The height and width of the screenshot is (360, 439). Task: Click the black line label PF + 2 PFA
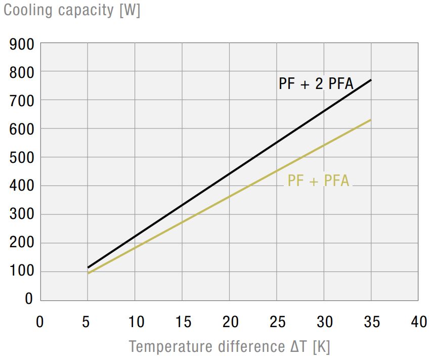point(316,83)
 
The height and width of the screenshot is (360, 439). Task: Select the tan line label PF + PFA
point(318,181)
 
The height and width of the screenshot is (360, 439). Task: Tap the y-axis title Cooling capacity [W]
point(72,10)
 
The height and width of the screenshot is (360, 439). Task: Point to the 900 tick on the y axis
point(22,44)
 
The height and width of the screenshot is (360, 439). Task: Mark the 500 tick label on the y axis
point(22,158)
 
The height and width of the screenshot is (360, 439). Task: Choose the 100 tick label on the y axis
point(22,271)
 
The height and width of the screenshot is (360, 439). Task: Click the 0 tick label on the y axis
point(29,299)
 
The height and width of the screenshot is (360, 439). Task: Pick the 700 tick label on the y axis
point(22,101)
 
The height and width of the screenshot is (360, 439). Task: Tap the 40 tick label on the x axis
point(418,322)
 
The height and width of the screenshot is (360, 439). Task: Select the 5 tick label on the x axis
point(87,322)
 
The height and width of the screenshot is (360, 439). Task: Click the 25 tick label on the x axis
point(277,322)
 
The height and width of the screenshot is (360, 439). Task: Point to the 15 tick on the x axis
point(182,322)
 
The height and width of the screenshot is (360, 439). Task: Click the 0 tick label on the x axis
point(40,322)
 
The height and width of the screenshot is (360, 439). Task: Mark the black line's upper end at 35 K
point(371,80)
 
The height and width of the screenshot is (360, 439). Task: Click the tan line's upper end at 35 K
point(371,120)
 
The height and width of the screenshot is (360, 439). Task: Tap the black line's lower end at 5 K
point(88,267)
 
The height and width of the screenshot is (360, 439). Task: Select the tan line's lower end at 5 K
point(88,274)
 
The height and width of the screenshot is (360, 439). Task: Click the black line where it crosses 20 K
point(230,174)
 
